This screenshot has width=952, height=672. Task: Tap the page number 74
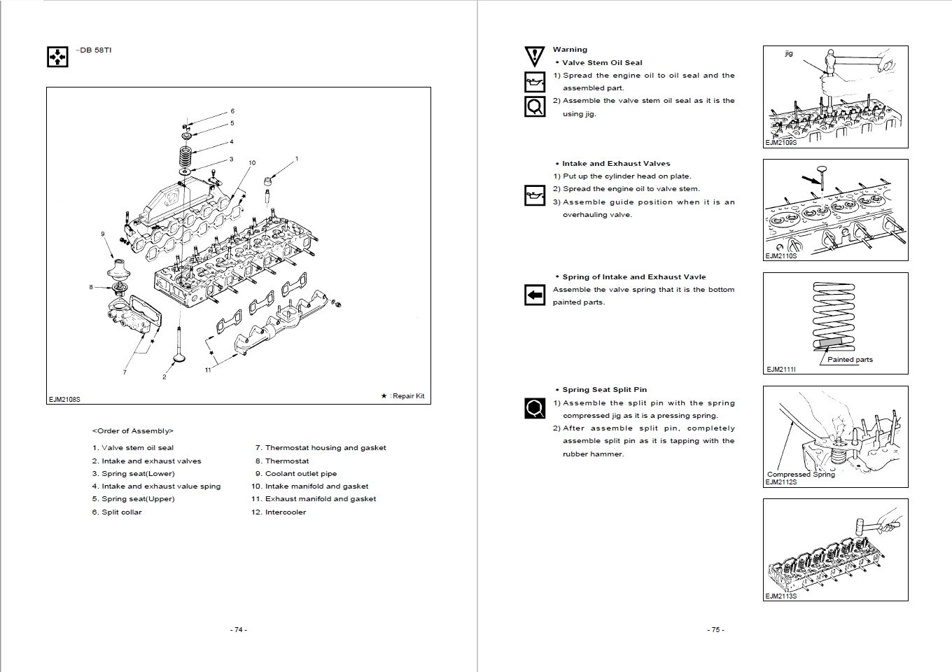click(x=238, y=629)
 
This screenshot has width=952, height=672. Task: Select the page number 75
click(x=715, y=629)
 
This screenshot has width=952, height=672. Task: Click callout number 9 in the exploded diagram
click(x=102, y=234)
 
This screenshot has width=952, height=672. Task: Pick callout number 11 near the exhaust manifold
click(x=208, y=370)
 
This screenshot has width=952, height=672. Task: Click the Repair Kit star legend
click(x=402, y=395)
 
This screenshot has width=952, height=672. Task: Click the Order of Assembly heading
click(x=132, y=431)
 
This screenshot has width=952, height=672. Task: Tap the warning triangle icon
click(x=534, y=55)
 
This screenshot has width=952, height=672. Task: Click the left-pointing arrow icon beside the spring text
click(x=535, y=295)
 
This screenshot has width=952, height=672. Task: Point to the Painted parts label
click(x=850, y=359)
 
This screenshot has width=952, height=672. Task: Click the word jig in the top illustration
click(x=789, y=54)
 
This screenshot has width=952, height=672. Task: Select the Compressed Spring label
click(x=801, y=474)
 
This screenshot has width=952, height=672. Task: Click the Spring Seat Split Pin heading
click(x=604, y=390)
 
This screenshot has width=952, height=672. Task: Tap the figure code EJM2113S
click(x=780, y=596)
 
